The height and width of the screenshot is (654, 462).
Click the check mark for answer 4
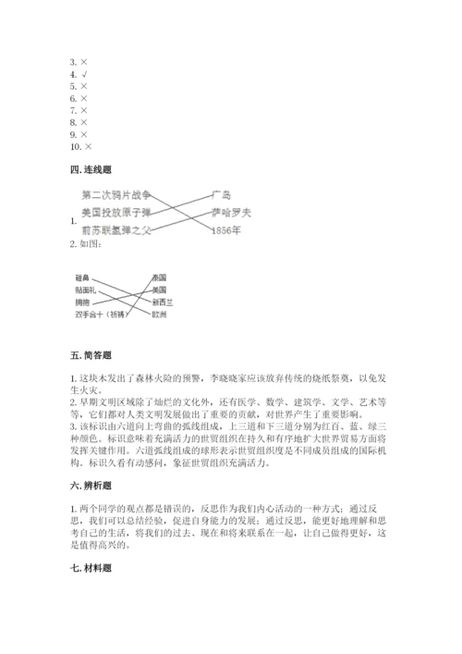[86, 73]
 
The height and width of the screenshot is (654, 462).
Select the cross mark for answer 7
[85, 110]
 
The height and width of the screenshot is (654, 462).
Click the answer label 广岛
[220, 195]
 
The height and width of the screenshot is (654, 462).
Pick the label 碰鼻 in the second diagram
[82, 278]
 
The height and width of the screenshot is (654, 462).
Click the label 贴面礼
[85, 290]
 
